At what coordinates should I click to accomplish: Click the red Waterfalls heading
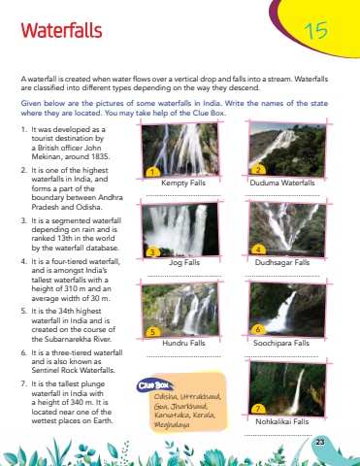[61, 31]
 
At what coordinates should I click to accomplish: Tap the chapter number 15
[315, 31]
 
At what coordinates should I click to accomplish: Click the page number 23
[320, 442]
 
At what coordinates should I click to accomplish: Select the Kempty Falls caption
[183, 183]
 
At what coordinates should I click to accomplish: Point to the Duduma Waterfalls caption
[282, 183]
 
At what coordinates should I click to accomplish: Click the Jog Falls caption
[184, 262]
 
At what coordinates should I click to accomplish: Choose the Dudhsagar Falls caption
[282, 262]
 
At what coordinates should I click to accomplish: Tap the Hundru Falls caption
[183, 343]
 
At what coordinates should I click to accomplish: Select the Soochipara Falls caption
[281, 343]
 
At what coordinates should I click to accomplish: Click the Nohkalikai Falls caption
[282, 421]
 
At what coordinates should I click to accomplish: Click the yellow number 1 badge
[152, 172]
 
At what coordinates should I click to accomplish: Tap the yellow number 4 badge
[258, 250]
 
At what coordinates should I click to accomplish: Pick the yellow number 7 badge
[258, 409]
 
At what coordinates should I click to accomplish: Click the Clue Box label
[154, 385]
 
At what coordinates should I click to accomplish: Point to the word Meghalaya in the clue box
[172, 424]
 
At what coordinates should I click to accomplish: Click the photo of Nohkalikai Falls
[287, 388]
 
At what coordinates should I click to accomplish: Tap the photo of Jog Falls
[180, 230]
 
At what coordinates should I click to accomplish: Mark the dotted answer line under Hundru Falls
[183, 356]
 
